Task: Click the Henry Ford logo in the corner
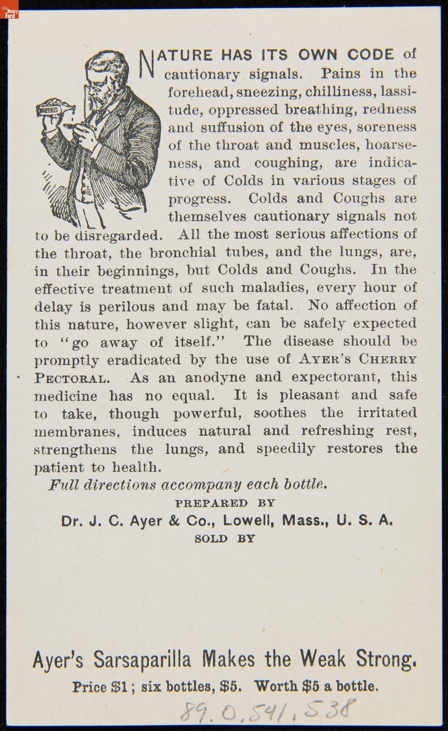pos(9,9)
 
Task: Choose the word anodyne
pos(216,378)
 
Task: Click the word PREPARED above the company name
pos(211,503)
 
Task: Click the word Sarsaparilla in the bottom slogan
pos(142,660)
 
